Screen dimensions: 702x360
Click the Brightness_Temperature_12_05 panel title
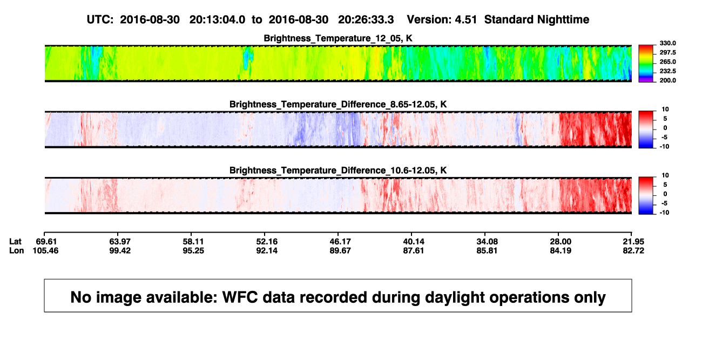(x=338, y=38)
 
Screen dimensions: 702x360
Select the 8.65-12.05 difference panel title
(x=338, y=104)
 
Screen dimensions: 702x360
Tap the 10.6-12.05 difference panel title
(x=338, y=171)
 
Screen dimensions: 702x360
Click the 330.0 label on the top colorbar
(x=667, y=43)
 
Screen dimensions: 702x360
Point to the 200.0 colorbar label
(x=667, y=80)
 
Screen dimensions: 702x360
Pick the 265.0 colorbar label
(x=667, y=62)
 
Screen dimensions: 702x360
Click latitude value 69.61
(x=46, y=242)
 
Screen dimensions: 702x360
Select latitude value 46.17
(x=340, y=242)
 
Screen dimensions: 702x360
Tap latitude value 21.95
(x=633, y=242)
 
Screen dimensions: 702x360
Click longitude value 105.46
(x=45, y=250)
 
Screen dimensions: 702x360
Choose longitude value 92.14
(x=267, y=250)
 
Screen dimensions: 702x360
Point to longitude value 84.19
(x=561, y=250)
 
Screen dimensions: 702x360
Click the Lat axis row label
(x=15, y=242)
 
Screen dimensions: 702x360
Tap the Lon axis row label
(x=17, y=250)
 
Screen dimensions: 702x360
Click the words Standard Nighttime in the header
(x=537, y=20)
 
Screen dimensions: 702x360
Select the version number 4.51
(x=466, y=20)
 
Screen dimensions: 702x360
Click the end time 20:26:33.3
(x=366, y=20)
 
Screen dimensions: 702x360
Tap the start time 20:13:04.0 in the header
(x=217, y=20)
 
